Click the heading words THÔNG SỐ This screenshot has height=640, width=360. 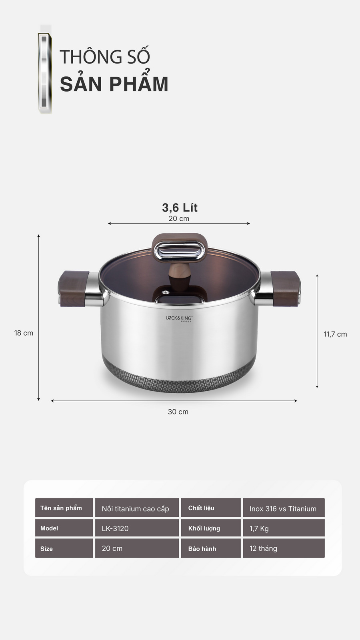click(105, 57)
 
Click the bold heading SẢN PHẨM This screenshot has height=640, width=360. click(114, 84)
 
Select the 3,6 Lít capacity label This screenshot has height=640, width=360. click(180, 208)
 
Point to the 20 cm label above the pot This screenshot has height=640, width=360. click(179, 218)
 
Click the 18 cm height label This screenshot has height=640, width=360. click(24, 333)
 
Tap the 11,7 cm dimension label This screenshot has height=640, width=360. click(335, 334)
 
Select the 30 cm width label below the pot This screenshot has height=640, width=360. click(178, 412)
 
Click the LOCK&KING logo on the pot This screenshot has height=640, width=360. click(179, 318)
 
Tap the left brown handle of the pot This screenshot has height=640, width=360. click(74, 289)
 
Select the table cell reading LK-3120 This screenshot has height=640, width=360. click(137, 528)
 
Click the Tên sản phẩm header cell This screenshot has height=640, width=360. click(64, 508)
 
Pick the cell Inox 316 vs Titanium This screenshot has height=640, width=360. click(283, 508)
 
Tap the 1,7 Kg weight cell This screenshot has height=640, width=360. click(283, 528)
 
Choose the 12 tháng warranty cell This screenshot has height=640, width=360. click(283, 548)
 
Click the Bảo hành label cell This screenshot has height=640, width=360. click(210, 548)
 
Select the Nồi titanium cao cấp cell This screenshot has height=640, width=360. click(137, 508)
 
